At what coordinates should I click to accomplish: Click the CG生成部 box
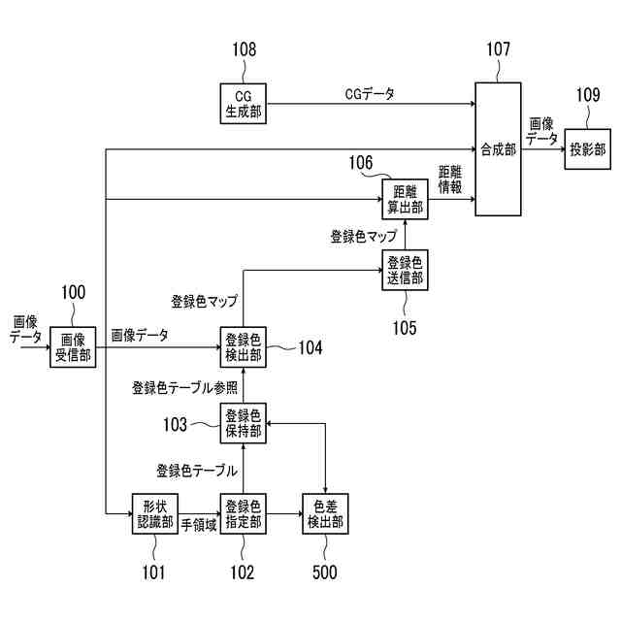click(244, 103)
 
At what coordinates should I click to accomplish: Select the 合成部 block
click(498, 149)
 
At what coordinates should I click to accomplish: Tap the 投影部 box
click(587, 149)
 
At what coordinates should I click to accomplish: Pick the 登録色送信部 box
click(404, 271)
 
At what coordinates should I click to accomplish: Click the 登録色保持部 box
click(243, 424)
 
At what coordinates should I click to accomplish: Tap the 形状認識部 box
click(156, 514)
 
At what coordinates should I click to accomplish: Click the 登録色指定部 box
click(243, 514)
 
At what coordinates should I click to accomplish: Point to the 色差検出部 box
click(324, 514)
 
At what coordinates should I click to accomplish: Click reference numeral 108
click(244, 49)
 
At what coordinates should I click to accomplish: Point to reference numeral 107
click(498, 49)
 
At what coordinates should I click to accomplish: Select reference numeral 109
click(588, 95)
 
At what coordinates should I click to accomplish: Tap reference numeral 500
click(324, 572)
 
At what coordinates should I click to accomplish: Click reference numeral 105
click(404, 328)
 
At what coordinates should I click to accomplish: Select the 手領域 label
click(199, 524)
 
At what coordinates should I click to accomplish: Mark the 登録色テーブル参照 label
click(184, 387)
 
